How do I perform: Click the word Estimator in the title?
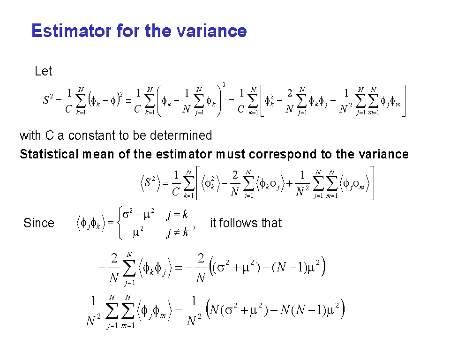71,31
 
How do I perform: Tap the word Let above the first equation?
43,71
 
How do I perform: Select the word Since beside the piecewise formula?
39,223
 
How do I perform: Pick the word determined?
181,135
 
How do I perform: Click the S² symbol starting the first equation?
48,100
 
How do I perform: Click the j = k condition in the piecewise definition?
177,214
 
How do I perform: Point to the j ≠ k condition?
177,232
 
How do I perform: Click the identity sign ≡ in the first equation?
128,101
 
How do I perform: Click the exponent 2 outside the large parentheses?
224,85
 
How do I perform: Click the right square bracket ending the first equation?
404,100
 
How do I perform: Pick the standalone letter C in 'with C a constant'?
50,135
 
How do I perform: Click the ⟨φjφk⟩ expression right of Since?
90,223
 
